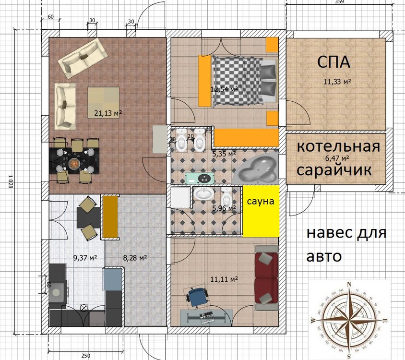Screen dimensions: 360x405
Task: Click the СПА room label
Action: (334, 62)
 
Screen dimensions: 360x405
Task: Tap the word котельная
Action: (338, 146)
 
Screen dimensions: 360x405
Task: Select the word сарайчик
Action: (334, 169)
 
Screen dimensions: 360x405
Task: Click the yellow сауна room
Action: (261, 211)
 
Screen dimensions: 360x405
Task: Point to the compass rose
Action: (349, 319)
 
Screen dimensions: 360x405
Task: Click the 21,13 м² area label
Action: (108, 113)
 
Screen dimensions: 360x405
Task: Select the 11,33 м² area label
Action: (336, 82)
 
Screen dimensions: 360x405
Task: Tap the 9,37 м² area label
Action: (85, 258)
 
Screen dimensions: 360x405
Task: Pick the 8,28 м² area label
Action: (135, 258)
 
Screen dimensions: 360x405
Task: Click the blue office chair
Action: (197, 295)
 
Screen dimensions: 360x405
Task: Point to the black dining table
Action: (76, 160)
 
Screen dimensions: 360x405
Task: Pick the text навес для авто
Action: (345, 245)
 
